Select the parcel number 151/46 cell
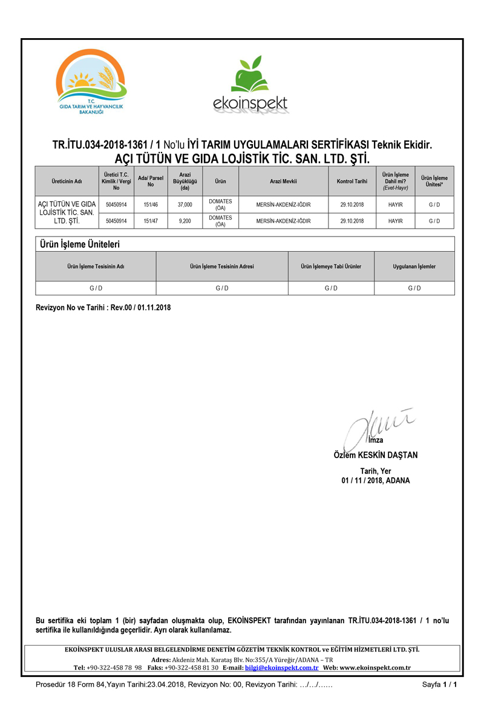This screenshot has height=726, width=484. (x=151, y=204)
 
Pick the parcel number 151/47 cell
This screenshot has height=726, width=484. (x=151, y=221)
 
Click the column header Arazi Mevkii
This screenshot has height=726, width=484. (x=283, y=181)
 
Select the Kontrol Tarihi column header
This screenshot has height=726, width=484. (x=352, y=181)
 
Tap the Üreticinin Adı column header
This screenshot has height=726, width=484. (x=67, y=181)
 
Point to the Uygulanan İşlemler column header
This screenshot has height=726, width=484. (x=414, y=266)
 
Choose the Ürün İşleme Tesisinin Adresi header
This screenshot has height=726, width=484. (x=222, y=266)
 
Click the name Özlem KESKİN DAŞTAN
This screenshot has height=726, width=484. (x=375, y=455)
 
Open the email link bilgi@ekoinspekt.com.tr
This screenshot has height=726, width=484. (x=281, y=667)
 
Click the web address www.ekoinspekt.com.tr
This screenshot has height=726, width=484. (x=375, y=667)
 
